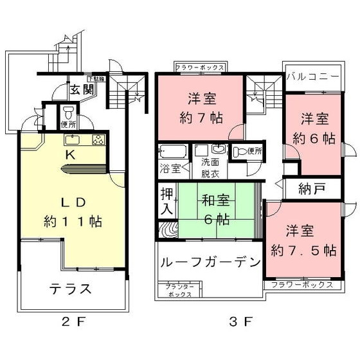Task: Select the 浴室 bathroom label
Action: (x=170, y=170)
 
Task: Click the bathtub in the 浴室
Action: (x=172, y=154)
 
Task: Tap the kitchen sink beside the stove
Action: (x=71, y=140)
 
